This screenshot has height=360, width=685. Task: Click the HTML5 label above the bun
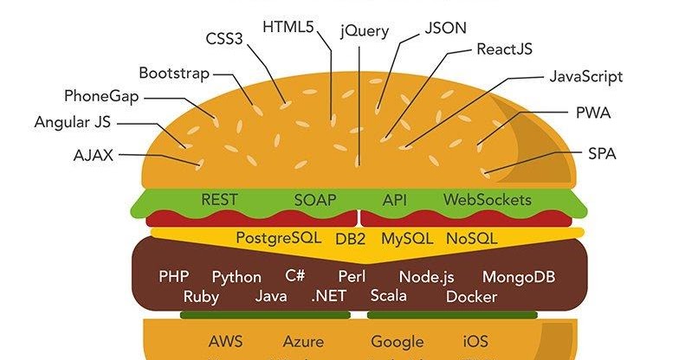coord(288,25)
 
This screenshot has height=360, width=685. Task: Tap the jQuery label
coord(365,31)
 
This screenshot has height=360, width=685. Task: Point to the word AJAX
coord(94,156)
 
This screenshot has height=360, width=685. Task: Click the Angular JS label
coord(74,123)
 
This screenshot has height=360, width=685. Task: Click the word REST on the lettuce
coord(219,200)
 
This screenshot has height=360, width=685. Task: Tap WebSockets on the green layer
coord(488,200)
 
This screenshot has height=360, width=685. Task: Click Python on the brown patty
coord(236,277)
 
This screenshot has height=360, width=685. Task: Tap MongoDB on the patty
coord(519,277)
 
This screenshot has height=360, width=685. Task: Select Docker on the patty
coord(471,297)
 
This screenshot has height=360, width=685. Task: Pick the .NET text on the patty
coord(329,297)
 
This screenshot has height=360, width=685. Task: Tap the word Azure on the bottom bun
coord(303,342)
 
